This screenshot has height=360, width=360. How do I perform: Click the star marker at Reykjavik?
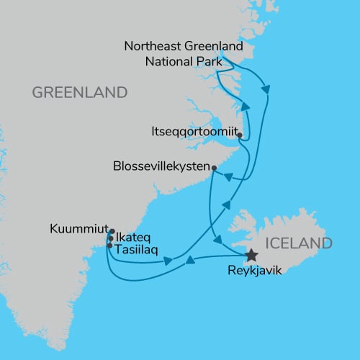coord(251,255)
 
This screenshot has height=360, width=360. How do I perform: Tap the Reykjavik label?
coord(251,271)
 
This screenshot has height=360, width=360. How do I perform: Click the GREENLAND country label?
coord(79,93)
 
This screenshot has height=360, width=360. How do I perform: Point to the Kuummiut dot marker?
coord(112,231)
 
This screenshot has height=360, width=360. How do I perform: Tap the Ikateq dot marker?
coord(109,238)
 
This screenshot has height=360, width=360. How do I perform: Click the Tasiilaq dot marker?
coord(109,246)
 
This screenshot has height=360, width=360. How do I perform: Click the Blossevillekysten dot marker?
coord(214,168)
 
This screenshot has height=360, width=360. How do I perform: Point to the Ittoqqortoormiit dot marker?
coord(239,135)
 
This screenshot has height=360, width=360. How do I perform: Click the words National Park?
coord(183,60)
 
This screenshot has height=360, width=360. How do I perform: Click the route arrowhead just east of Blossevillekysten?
coord(225,177)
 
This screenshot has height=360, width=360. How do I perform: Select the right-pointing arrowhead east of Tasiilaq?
coord(168,261)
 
